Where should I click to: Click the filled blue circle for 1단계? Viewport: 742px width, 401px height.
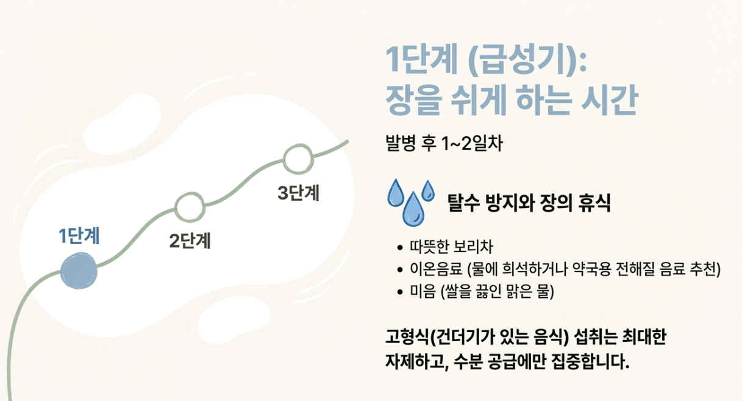(x=79, y=270)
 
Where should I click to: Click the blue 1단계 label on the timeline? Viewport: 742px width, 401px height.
(x=79, y=236)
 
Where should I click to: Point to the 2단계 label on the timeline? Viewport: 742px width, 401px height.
(x=190, y=240)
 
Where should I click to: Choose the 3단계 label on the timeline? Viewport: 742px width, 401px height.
(x=298, y=193)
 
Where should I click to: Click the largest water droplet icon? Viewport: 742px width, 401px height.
(x=413, y=209)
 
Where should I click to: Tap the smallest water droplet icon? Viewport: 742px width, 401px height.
(x=427, y=190)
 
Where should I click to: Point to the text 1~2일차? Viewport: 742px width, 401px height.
(x=473, y=143)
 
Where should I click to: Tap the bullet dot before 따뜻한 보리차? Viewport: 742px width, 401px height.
(x=400, y=247)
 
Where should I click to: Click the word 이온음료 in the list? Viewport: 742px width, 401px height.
(x=436, y=269)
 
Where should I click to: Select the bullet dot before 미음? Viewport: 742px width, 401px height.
(x=400, y=292)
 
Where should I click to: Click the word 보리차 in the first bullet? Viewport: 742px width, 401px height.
(x=473, y=247)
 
